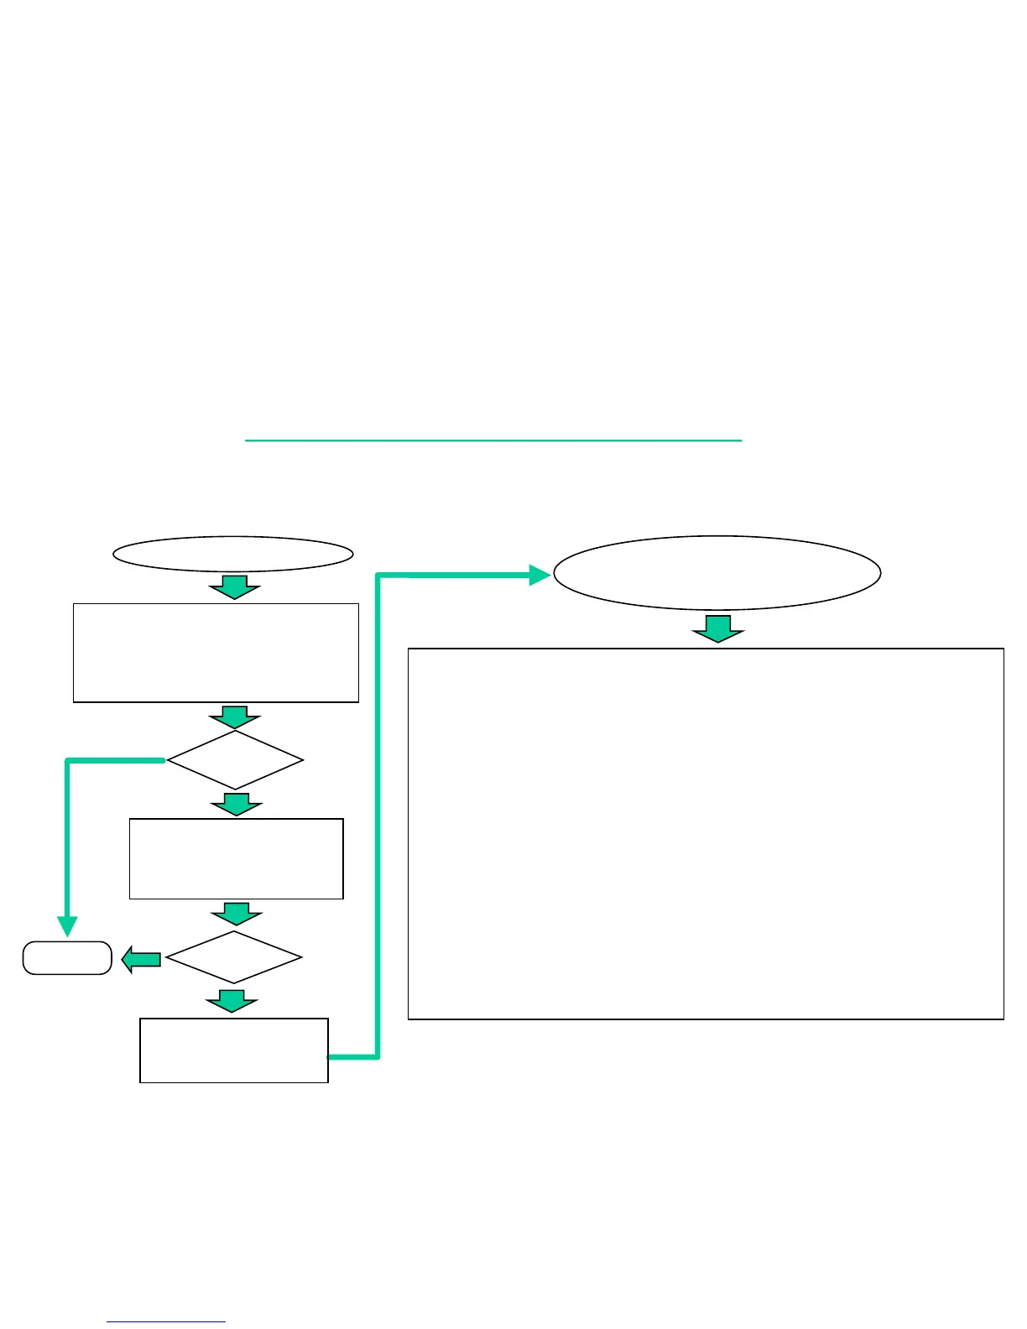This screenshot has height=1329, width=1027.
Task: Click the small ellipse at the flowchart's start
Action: pyautogui.click(x=232, y=554)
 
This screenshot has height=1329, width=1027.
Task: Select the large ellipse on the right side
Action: pyautogui.click(x=717, y=572)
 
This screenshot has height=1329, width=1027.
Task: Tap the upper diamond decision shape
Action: pyautogui.click(x=235, y=760)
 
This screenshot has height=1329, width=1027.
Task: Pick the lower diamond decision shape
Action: pyautogui.click(x=233, y=957)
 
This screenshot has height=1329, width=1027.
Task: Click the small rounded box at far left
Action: pyautogui.click(x=67, y=958)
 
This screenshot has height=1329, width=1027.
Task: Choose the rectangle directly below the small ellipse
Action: pyautogui.click(x=216, y=653)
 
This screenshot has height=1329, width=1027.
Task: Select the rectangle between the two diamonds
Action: pyautogui.click(x=236, y=858)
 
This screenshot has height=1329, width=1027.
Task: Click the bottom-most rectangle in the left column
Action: pyautogui.click(x=233, y=1050)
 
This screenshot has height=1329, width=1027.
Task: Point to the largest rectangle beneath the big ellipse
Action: pyautogui.click(x=706, y=833)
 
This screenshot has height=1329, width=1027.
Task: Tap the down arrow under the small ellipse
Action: pyautogui.click(x=234, y=587)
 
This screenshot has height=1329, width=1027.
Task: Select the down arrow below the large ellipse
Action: pyautogui.click(x=717, y=629)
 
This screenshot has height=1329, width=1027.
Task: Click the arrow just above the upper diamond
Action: pyautogui.click(x=234, y=717)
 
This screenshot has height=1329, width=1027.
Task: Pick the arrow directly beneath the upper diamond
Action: pyautogui.click(x=236, y=805)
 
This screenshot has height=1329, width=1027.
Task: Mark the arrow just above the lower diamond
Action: pyautogui.click(x=236, y=915)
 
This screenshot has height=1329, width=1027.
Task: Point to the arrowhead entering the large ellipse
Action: pyautogui.click(x=539, y=575)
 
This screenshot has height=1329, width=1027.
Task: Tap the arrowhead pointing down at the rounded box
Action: pyautogui.click(x=67, y=926)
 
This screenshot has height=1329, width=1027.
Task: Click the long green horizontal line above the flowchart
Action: pyautogui.click(x=493, y=440)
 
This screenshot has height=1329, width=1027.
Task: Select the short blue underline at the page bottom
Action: pyautogui.click(x=166, y=1322)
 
